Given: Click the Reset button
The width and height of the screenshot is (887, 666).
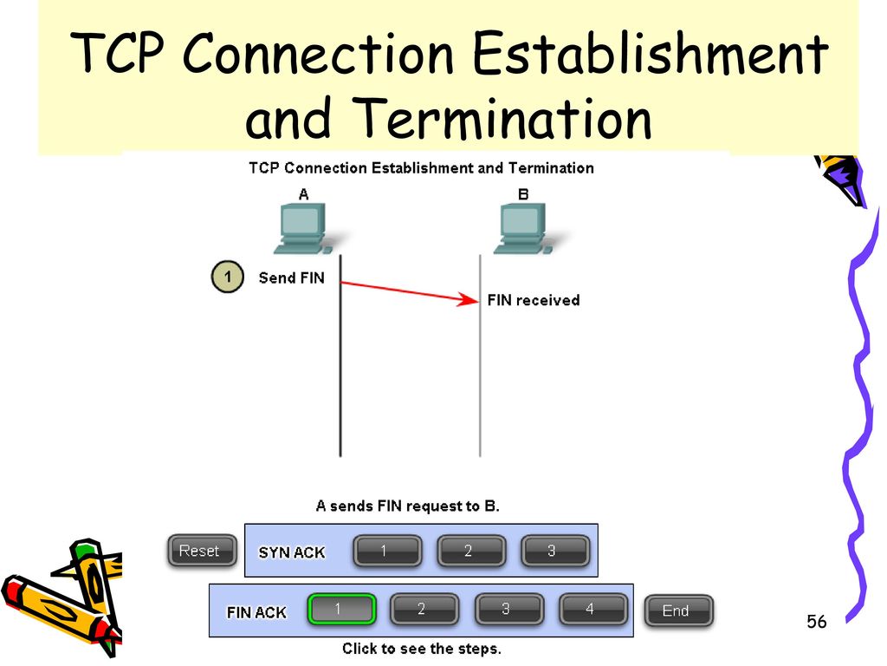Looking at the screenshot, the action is tap(202, 551).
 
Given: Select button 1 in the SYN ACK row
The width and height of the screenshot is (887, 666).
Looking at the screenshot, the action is tap(387, 551).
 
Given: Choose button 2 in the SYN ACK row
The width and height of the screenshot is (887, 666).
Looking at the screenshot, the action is tap(471, 551).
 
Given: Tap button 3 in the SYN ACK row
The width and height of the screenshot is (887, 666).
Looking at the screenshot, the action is tap(555, 551).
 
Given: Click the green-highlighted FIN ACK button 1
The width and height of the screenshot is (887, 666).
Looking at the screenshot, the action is tap(342, 610).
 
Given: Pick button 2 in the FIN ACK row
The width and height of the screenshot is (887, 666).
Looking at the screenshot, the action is tap(424, 610).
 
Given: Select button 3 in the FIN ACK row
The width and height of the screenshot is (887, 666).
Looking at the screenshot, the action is tap(508, 610).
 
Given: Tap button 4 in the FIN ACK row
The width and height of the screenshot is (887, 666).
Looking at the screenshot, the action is tap(592, 610).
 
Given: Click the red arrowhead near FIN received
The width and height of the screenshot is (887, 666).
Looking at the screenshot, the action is tap(469, 299).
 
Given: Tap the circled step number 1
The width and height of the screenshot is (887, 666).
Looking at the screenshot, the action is tap(228, 277).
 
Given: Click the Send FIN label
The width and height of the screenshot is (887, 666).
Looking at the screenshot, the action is tap(291, 277).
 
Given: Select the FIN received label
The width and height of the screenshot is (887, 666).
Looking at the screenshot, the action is tap(534, 300).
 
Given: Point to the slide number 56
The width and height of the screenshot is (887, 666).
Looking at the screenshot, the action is tap(816, 622).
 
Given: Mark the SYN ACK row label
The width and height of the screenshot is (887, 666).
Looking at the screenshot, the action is tap(292, 552).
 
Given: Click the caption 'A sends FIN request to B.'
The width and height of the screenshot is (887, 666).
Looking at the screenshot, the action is tap(408, 506).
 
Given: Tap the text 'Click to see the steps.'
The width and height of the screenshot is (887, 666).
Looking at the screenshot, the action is tap(422, 649).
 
